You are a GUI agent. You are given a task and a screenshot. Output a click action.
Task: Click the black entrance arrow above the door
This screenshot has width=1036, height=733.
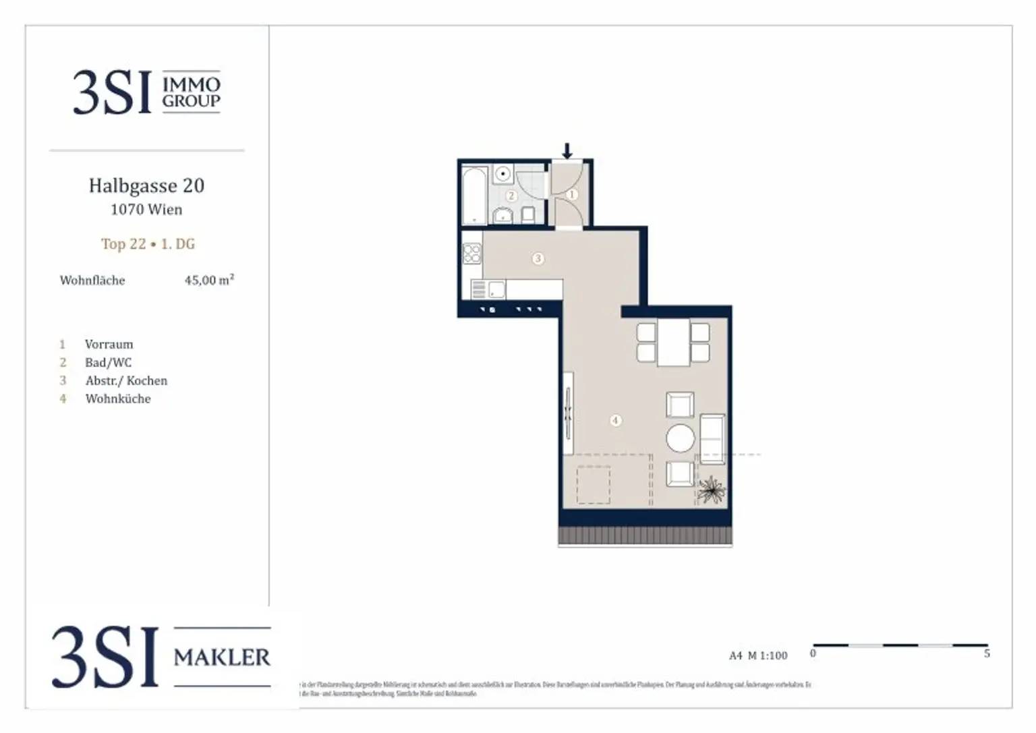coord(567,150)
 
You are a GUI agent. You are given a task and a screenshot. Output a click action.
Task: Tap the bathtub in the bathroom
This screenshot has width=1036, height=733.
coord(474,195)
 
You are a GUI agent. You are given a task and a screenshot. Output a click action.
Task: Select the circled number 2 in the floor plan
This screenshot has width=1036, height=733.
coord(511,196)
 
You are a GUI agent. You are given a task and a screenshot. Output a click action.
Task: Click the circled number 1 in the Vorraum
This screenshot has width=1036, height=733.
coord(572,195)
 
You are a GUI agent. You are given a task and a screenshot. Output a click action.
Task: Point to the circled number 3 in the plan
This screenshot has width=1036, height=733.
coord(538,258)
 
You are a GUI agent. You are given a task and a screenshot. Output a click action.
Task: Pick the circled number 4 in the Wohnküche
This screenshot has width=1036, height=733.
coord(615,420)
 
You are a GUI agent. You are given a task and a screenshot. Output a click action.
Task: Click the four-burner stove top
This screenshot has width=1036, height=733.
coord(472,254)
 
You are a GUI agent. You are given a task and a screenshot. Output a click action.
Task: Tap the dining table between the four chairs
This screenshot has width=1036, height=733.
coord(673,343)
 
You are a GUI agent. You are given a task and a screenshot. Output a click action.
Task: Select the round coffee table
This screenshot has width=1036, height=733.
coord(680,438)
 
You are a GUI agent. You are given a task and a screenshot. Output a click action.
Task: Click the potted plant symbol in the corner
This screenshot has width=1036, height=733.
coord(711,490)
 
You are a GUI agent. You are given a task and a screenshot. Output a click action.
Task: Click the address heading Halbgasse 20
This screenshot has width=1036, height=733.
coord(146,186)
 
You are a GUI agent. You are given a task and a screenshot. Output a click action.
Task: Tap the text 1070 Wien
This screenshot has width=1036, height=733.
coord(146,210)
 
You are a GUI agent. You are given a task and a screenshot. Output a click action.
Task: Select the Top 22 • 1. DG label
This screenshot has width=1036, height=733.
coord(148,244)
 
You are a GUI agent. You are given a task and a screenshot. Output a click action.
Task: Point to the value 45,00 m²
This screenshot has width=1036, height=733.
coord(209,280)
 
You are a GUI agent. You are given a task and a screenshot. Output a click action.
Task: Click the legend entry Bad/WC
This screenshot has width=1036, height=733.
coord(108,363)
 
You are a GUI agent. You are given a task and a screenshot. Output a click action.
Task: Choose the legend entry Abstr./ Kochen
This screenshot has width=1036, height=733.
coord(126,381)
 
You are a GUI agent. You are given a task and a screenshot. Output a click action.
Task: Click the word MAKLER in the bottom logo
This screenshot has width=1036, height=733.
coord(222,657)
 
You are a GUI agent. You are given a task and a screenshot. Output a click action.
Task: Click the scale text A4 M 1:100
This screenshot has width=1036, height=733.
coord(758,655)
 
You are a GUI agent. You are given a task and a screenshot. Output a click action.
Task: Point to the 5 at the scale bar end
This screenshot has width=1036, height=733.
coord(987,653)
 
